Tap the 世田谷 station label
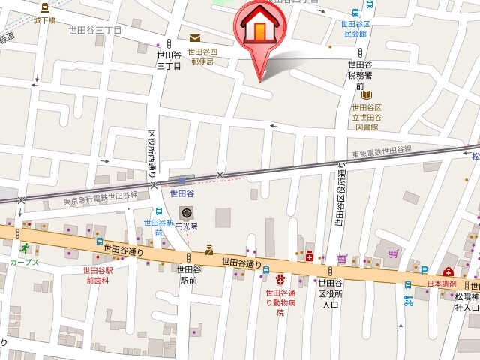pyautogui.click(x=182, y=193)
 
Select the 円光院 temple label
pyautogui.click(x=184, y=226)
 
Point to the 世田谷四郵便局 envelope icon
pyautogui.click(x=195, y=38)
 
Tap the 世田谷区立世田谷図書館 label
pyautogui.click(x=367, y=118)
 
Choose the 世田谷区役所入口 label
pyautogui.click(x=330, y=293)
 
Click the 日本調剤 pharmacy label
pyautogui.click(x=442, y=283)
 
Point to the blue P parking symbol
pyautogui.click(x=424, y=271)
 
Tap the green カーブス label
pyautogui.click(x=24, y=262)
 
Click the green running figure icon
pyautogui.click(x=24, y=248)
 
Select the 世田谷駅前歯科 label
pyautogui.click(x=97, y=274)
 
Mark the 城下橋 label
pyautogui.click(x=45, y=20)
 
